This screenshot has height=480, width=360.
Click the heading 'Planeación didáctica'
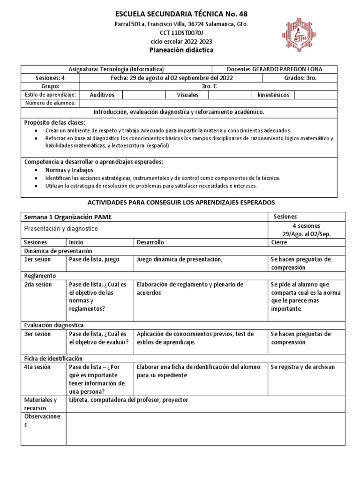coord(182,50)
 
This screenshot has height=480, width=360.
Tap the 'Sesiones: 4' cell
coord(51,78)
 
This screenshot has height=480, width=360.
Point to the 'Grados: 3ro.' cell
coord(300,78)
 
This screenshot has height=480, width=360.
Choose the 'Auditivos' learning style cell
coord(102,95)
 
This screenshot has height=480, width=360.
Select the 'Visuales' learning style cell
coord(187,95)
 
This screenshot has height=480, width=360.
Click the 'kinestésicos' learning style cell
coord(273,95)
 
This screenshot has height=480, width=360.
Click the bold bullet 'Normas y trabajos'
coord(69,170)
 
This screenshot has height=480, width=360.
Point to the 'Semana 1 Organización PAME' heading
coord(68,217)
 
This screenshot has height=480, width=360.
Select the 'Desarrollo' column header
coord(150,242)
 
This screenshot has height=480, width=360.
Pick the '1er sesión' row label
coord(37,259)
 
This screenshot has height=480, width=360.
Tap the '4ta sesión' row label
coord(38,367)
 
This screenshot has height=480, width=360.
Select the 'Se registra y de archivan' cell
coord(303,367)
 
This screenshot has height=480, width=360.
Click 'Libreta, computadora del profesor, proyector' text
coord(128,400)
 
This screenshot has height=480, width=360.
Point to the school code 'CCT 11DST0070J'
coord(181,32)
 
